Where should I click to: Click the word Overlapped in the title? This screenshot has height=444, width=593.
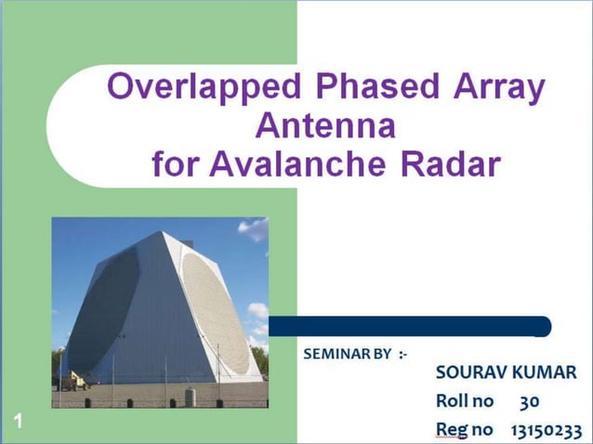(204, 87)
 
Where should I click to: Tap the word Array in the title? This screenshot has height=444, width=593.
(500, 87)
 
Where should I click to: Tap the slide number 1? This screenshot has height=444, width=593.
(18, 424)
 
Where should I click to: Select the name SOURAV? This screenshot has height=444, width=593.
(471, 373)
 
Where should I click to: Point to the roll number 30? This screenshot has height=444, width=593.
(530, 402)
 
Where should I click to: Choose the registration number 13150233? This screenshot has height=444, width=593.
(546, 430)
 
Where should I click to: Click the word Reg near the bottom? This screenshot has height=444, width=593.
(451, 430)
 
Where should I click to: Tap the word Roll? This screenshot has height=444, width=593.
(453, 402)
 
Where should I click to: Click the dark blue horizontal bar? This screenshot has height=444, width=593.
(409, 327)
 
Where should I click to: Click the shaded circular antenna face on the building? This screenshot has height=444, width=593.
(104, 311)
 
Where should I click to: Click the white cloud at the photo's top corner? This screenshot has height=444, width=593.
(254, 228)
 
